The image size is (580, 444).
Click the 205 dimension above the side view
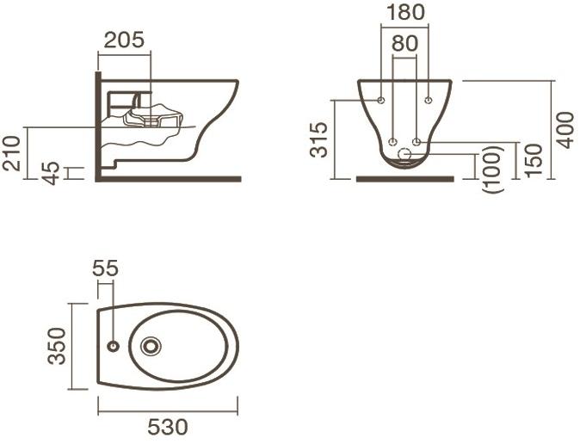pos(124,40)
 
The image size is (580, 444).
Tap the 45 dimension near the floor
pos(52,172)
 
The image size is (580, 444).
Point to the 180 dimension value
pos(405,13)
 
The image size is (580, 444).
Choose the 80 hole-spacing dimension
pos(404,42)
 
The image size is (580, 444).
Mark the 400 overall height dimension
pos(565,129)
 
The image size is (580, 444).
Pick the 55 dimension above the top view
pos(104,269)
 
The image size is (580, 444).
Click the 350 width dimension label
pos(57,345)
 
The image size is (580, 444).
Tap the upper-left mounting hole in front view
pos(381,100)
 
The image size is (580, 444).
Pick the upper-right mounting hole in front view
pos(428,100)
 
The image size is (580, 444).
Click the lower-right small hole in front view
pos(416,141)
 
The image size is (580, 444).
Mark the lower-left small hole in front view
pos(392,141)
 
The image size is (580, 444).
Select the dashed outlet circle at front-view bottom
pos(404,155)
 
